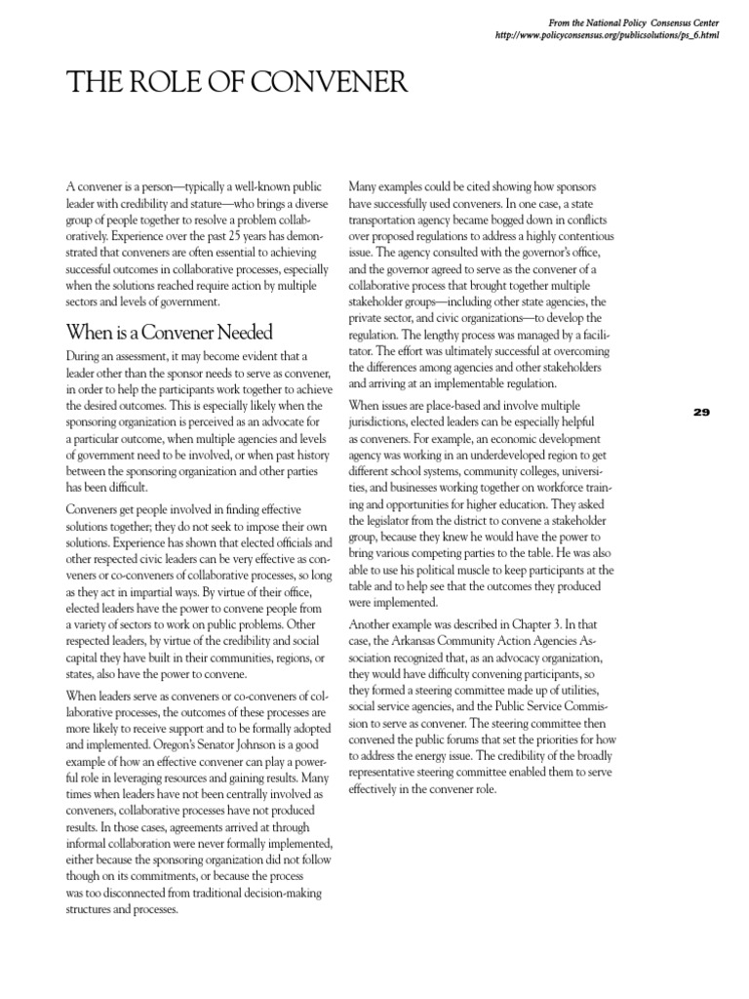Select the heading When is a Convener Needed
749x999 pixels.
169,333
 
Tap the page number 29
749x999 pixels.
701,413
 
